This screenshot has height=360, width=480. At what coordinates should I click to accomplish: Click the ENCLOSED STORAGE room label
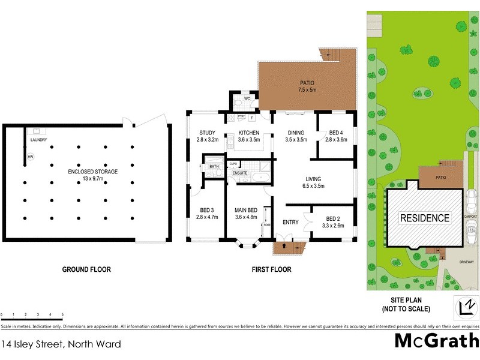pyautogui.click(x=92, y=172)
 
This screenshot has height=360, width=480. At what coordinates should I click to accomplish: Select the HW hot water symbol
pyautogui.click(x=30, y=157)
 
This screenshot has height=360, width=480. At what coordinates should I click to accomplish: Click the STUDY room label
pyautogui.click(x=207, y=133)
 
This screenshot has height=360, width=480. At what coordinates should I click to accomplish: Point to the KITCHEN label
pyautogui.click(x=248, y=133)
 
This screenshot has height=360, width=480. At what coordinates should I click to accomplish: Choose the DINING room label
pyautogui.click(x=296, y=133)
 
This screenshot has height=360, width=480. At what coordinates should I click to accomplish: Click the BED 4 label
pyautogui.click(x=336, y=133)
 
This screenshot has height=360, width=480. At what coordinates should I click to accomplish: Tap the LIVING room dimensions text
pyautogui.click(x=313, y=186)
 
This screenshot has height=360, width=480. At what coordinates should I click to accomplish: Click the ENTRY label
pyautogui.click(x=290, y=223)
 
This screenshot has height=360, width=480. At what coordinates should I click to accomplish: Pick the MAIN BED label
pyautogui.click(x=246, y=210)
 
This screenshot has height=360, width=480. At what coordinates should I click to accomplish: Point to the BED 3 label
pyautogui.click(x=206, y=210)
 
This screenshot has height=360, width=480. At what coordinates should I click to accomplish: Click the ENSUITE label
pyautogui.click(x=240, y=172)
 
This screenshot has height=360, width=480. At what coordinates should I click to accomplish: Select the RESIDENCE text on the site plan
pyautogui.click(x=424, y=218)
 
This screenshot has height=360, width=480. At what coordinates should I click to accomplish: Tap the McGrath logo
pyautogui.click(x=436, y=340)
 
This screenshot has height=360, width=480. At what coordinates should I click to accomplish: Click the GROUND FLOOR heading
pyautogui.click(x=86, y=269)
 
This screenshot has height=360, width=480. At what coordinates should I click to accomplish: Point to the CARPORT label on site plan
pyautogui.click(x=471, y=216)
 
